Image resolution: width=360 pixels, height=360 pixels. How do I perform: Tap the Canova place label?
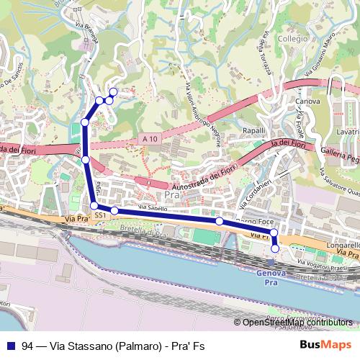(x=307, y=102)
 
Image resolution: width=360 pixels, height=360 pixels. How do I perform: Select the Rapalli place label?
(x=254, y=130)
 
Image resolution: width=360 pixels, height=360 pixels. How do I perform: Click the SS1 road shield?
(x=100, y=215)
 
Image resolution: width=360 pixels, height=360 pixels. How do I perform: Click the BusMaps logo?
(x=325, y=346)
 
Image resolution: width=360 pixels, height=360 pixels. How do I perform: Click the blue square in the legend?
(x=9, y=346)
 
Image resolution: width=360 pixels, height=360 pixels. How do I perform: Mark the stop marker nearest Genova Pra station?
(x=275, y=248)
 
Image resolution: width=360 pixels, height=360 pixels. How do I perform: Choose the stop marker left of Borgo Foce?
(x=220, y=222)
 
